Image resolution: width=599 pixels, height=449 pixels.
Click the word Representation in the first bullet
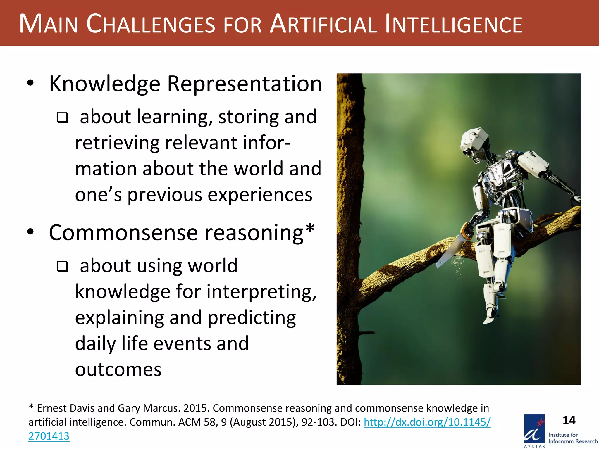point(245,84)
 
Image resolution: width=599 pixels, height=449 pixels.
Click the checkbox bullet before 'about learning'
point(63,118)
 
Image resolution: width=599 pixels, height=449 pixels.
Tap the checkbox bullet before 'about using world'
point(63,267)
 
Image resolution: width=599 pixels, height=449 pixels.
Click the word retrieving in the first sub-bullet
point(117,143)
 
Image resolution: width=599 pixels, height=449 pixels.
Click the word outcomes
point(118,369)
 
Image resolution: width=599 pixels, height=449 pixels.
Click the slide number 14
point(569,420)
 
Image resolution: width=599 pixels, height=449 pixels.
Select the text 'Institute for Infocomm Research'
point(573,438)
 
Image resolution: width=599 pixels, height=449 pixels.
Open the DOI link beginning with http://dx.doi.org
point(427,422)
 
